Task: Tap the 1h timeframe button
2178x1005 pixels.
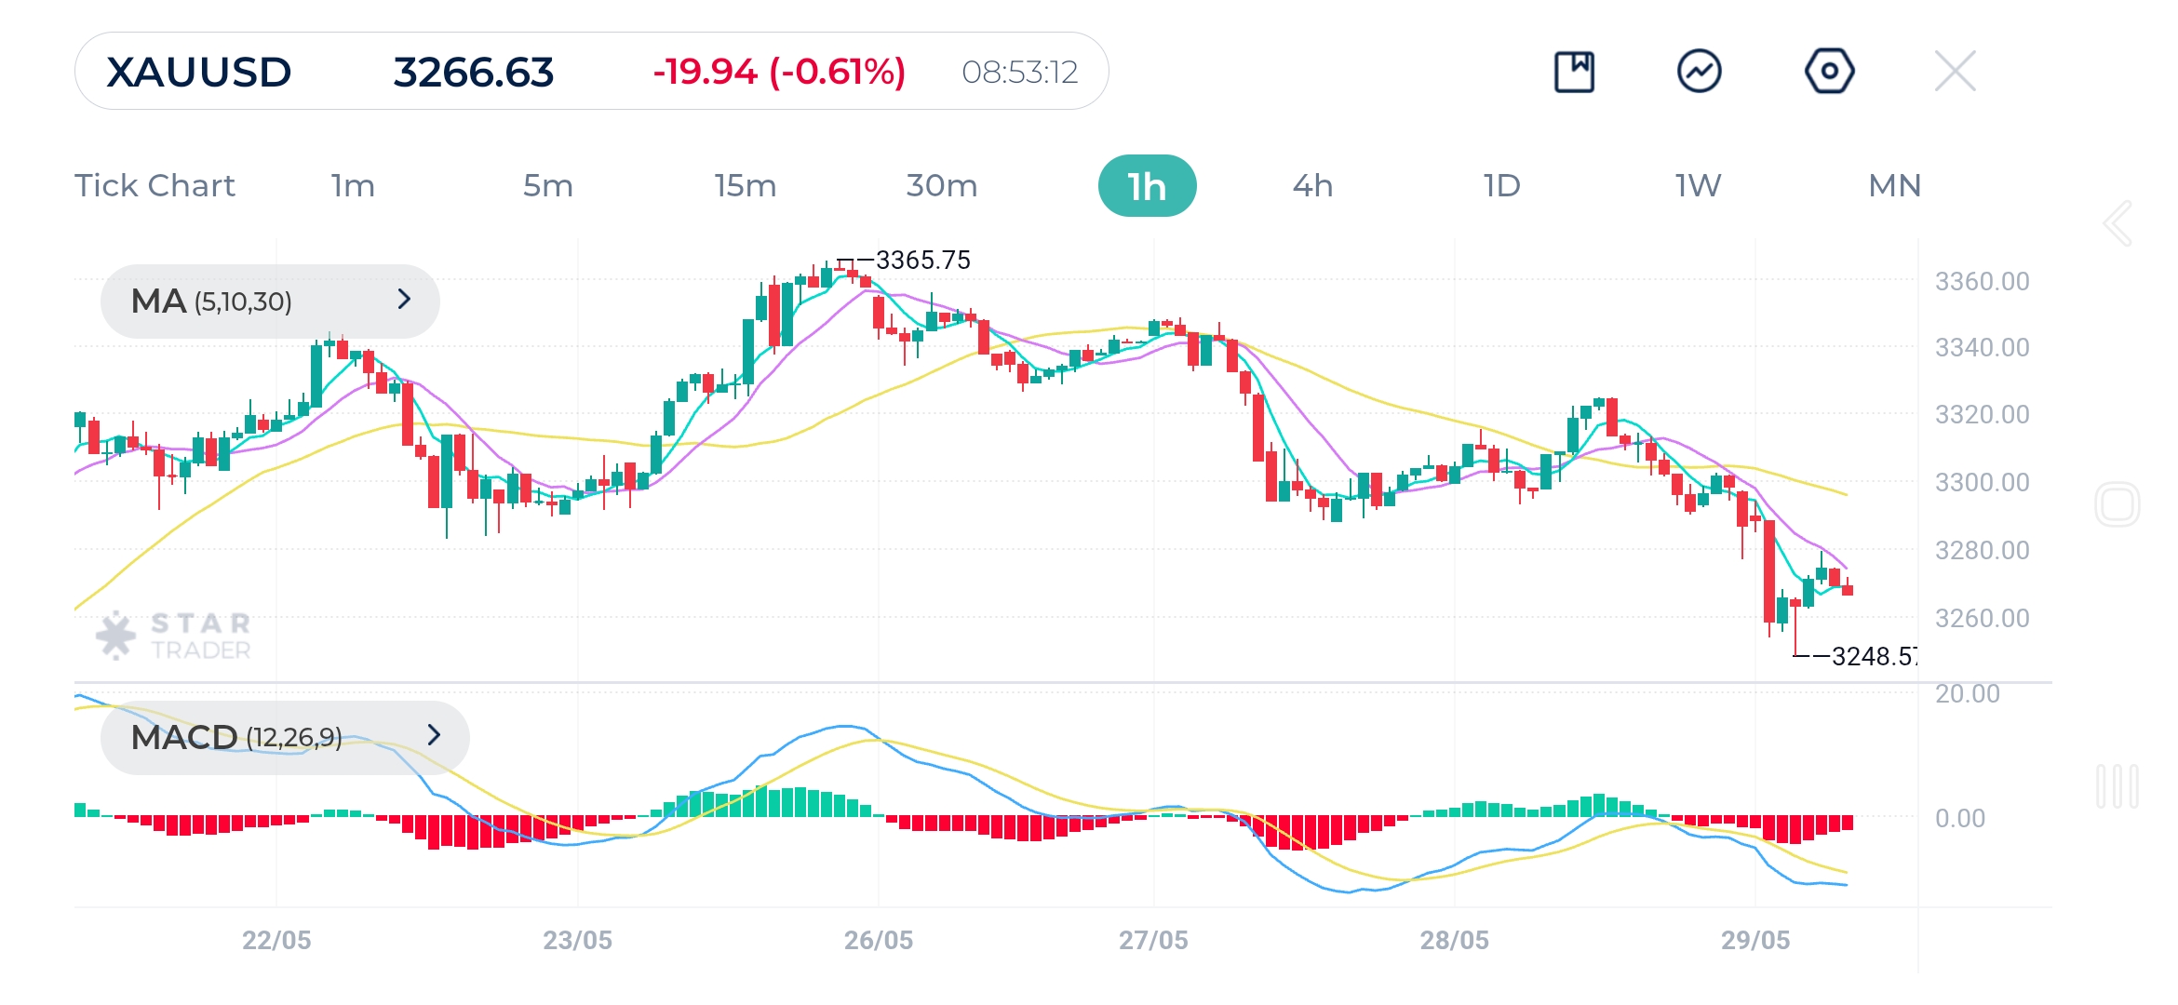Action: click(1147, 186)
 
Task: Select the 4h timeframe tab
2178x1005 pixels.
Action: click(1312, 186)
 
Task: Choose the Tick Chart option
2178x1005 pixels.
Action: click(155, 186)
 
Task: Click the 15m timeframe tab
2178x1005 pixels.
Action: click(745, 186)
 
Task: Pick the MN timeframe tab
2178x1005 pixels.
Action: click(1894, 186)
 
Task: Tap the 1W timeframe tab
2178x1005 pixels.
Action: click(1698, 186)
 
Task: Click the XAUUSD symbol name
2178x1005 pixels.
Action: click(199, 73)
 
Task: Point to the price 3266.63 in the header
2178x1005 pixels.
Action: click(473, 73)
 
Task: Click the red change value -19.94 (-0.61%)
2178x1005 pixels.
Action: click(779, 72)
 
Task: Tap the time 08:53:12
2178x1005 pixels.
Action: click(1019, 73)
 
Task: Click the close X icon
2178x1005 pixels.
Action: click(1955, 71)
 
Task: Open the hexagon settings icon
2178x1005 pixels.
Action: click(1829, 71)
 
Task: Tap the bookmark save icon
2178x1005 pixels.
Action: click(1574, 72)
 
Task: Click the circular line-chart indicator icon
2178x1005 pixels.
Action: click(1699, 71)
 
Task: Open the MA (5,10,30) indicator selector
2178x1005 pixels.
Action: click(270, 301)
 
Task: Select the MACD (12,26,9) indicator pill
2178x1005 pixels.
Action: click(285, 737)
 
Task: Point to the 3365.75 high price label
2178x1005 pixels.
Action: click(922, 261)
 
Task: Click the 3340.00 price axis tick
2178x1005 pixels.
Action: click(1982, 348)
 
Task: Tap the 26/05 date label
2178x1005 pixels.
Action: click(878, 940)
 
